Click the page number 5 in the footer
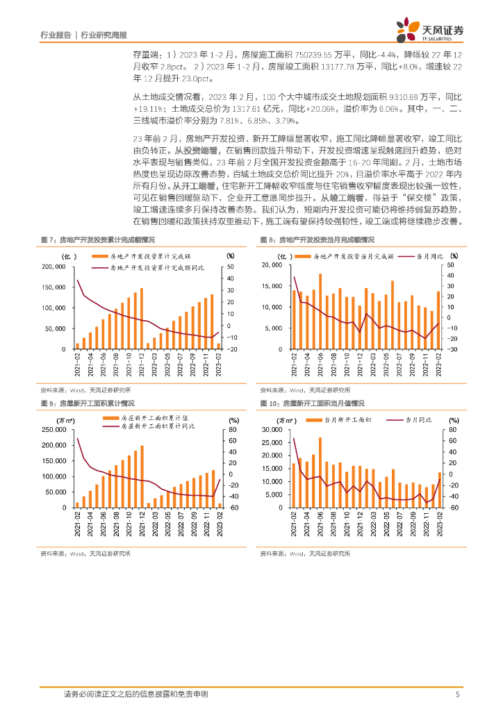tap(456, 694)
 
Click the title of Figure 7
tap(97, 239)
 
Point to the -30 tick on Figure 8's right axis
tap(451, 349)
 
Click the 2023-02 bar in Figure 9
tap(220, 505)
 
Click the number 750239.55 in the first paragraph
tap(297, 53)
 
